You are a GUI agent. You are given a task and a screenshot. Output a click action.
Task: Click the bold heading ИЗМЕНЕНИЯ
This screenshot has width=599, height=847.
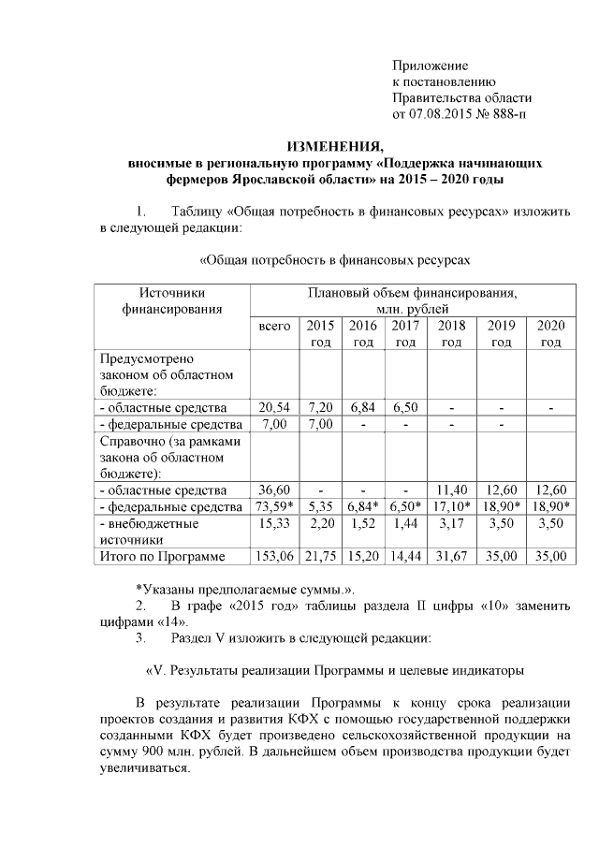tap(334, 147)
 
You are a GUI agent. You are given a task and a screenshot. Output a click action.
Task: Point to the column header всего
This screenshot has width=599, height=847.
tap(274, 327)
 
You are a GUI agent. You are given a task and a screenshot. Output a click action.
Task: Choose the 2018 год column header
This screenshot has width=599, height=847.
tap(451, 334)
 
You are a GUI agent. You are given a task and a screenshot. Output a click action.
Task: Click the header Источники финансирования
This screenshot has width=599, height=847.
tap(172, 301)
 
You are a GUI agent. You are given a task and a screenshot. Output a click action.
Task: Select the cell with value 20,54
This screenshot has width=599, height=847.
tap(274, 408)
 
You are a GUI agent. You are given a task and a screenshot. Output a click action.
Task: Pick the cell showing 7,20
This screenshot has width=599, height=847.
tap(320, 408)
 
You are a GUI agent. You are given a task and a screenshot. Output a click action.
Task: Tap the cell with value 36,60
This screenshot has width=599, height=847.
tap(274, 489)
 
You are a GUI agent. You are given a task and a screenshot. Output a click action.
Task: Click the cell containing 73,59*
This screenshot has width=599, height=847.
tap(274, 506)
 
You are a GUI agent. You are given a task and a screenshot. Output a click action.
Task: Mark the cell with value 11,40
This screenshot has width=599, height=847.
tap(451, 489)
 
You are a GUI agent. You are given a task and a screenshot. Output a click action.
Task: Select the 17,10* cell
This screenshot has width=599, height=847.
tap(451, 506)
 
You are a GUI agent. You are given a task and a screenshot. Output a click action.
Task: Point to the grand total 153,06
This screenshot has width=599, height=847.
tap(274, 557)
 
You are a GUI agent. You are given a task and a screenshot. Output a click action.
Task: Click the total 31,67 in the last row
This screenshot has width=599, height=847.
tap(451, 557)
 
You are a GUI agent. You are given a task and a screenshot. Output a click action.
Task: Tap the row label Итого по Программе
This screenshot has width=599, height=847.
tap(163, 557)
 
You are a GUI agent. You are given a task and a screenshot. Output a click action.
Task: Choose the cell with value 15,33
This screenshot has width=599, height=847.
tap(274, 523)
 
